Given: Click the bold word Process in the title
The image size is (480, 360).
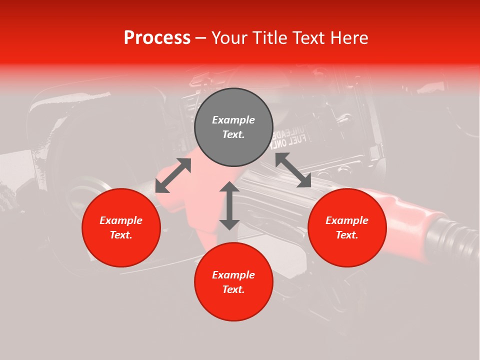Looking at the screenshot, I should [157, 38].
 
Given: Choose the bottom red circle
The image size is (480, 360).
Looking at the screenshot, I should [233, 305].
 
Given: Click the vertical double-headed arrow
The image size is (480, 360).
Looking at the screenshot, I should [229, 205].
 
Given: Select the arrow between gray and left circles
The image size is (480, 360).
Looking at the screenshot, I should [173, 175].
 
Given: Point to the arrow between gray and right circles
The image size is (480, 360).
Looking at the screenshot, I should [293, 170].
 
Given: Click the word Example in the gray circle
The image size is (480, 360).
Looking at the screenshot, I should [233, 120].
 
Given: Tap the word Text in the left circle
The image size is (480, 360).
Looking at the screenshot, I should [121, 235].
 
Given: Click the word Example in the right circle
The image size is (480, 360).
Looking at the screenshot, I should [347, 220].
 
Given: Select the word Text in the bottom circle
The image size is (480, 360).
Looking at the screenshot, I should [233, 289].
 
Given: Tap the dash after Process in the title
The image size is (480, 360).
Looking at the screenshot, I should [200, 38].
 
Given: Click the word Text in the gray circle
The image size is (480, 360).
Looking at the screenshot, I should [233, 134].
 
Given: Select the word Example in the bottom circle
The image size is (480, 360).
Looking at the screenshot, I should [233, 275].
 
